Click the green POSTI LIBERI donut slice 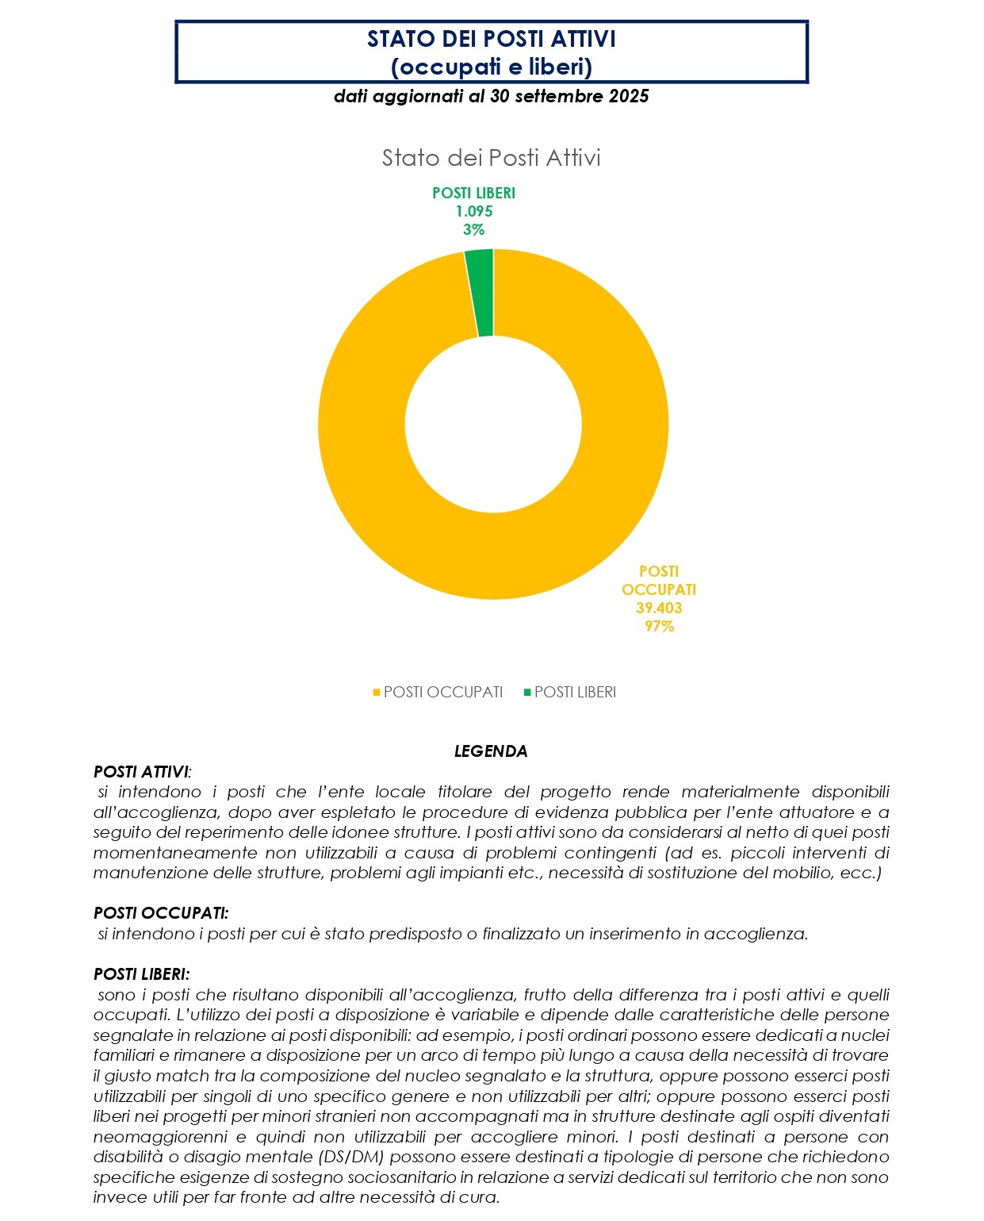pos(480,293)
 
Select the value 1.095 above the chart pos(473,211)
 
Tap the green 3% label pos(473,229)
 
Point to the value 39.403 pos(658,608)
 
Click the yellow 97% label pos(658,626)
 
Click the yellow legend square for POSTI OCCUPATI pos(377,693)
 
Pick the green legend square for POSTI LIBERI pos(527,693)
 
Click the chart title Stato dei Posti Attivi pos(491,158)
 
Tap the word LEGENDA pos(491,751)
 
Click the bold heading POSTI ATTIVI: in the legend pos(142,772)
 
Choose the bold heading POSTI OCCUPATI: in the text pos(161,913)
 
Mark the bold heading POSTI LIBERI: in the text pos(142,974)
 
